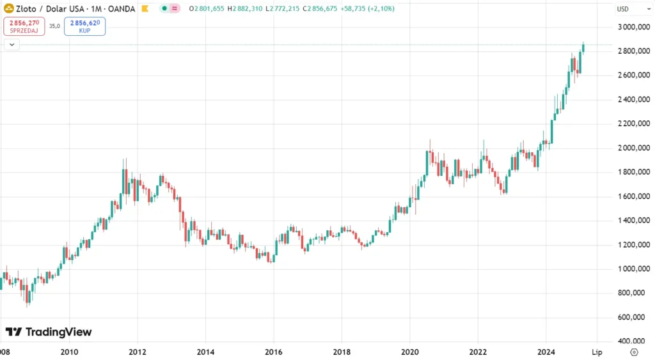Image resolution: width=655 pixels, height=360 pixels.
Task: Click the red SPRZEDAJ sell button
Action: (24, 26)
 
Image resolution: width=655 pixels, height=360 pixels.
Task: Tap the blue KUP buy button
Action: (84, 26)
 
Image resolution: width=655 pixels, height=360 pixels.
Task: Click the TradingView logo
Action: (49, 332)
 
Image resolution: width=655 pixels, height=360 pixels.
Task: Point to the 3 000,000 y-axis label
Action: (633, 27)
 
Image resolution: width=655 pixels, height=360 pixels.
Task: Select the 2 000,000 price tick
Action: (633, 148)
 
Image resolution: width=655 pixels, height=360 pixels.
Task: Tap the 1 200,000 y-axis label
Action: (633, 245)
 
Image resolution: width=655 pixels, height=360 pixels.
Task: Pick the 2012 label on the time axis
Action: (138, 352)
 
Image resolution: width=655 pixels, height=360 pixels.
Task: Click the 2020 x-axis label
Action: (409, 352)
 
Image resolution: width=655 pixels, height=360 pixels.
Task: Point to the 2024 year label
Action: (546, 352)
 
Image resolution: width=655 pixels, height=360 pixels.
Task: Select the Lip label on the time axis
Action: (597, 352)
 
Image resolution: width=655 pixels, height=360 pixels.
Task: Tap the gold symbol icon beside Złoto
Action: (8, 8)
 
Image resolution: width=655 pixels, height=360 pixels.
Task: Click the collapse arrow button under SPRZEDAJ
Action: (12, 44)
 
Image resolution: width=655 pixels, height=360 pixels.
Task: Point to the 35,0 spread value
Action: (54, 26)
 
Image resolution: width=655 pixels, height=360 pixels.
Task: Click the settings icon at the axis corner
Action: (633, 352)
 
